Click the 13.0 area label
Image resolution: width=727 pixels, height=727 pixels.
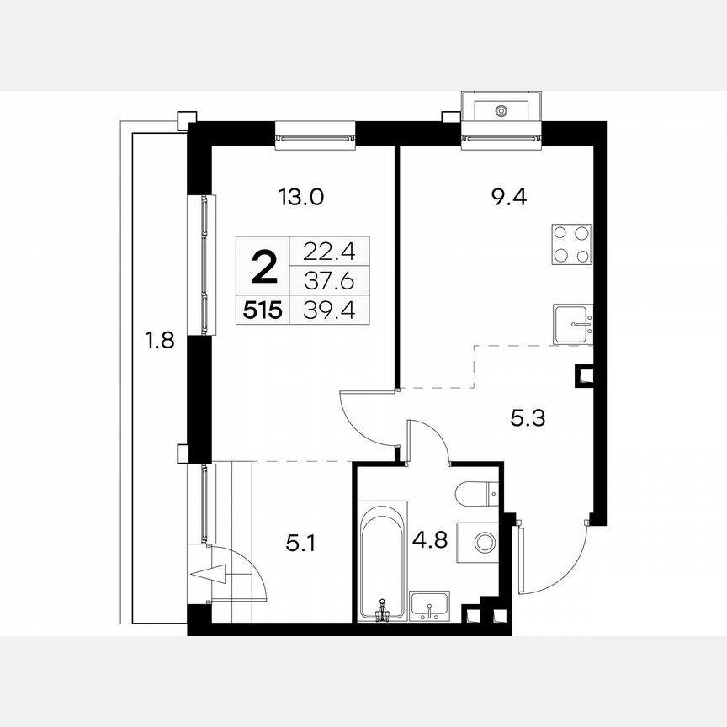(x=300, y=198)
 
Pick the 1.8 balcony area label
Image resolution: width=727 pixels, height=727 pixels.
(x=160, y=342)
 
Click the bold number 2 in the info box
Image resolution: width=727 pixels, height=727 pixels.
(x=264, y=268)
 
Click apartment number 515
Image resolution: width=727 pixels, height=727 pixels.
(x=263, y=310)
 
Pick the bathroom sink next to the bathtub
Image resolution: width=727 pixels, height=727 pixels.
(x=429, y=605)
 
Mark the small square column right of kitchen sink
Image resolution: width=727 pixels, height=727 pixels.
(x=583, y=375)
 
